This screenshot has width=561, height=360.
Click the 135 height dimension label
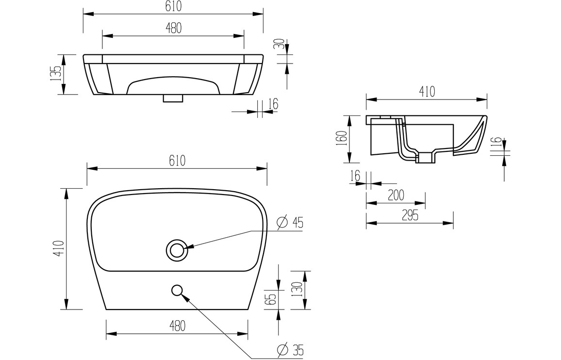click(56, 74)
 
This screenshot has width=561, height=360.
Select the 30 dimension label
click(281, 44)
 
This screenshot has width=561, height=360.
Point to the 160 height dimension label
click(342, 138)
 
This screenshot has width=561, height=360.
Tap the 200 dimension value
click(396, 196)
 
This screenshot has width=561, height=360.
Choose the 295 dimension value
click(410, 215)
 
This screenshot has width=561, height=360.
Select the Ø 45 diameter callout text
click(290, 223)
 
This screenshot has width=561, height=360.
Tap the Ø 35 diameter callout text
click(290, 348)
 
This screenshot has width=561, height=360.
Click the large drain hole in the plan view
click(176, 249)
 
